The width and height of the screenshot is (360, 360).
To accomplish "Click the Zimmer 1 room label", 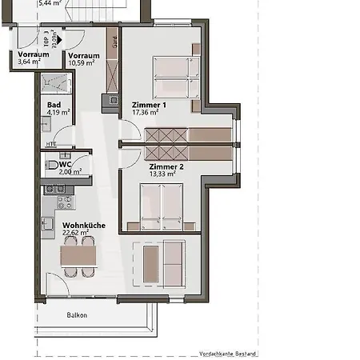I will (149, 105).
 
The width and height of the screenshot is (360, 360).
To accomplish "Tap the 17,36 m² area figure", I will (147, 114).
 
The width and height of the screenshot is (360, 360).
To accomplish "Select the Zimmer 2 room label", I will (166, 166).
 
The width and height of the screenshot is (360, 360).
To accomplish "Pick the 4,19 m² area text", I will (59, 113).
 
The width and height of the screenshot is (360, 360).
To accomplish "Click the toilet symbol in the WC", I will (53, 166).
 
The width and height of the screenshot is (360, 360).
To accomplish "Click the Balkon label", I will (77, 315).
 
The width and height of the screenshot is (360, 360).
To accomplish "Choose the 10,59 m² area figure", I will (82, 62).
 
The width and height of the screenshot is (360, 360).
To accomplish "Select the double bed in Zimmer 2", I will (162, 203).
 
